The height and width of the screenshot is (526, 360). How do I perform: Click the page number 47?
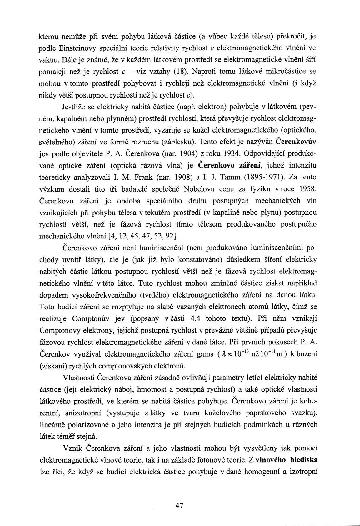[x=180, y=506]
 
